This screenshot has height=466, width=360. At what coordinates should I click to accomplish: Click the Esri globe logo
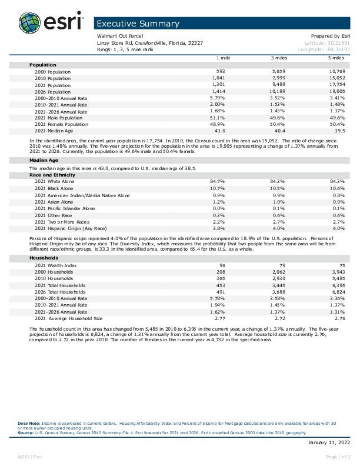point(30,24)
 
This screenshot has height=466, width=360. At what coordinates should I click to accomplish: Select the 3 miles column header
point(278,58)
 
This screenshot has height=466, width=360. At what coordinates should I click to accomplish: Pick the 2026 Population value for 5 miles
point(336,92)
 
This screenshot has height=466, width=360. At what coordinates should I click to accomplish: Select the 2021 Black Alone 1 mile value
point(218,188)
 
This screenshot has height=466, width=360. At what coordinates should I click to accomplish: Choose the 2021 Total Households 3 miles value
point(276,285)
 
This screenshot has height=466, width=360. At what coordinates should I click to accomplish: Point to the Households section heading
point(44,258)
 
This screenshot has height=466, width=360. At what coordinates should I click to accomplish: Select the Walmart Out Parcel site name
point(120,36)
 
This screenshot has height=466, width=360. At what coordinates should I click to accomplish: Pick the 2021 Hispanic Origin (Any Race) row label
point(70,228)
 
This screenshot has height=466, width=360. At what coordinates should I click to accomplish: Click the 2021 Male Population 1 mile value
point(218,118)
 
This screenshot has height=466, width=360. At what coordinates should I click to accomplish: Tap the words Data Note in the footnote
point(28,423)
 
